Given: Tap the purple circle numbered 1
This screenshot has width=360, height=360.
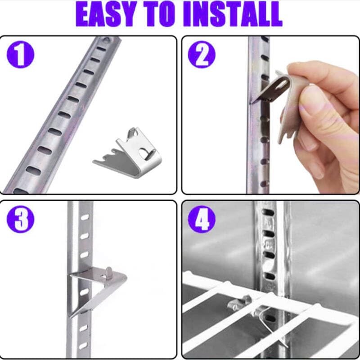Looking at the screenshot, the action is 20,54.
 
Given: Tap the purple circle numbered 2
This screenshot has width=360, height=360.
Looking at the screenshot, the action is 202,54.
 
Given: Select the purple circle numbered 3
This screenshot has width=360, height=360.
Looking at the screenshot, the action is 20,219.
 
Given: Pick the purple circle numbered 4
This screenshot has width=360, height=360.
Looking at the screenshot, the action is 202,219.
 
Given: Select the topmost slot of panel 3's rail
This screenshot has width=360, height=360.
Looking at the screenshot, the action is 85,217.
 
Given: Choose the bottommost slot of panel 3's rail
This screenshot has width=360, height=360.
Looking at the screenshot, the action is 83,346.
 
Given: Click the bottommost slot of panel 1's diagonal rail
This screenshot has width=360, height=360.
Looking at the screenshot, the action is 20,191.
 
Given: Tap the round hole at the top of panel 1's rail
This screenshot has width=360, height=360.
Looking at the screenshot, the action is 107,40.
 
